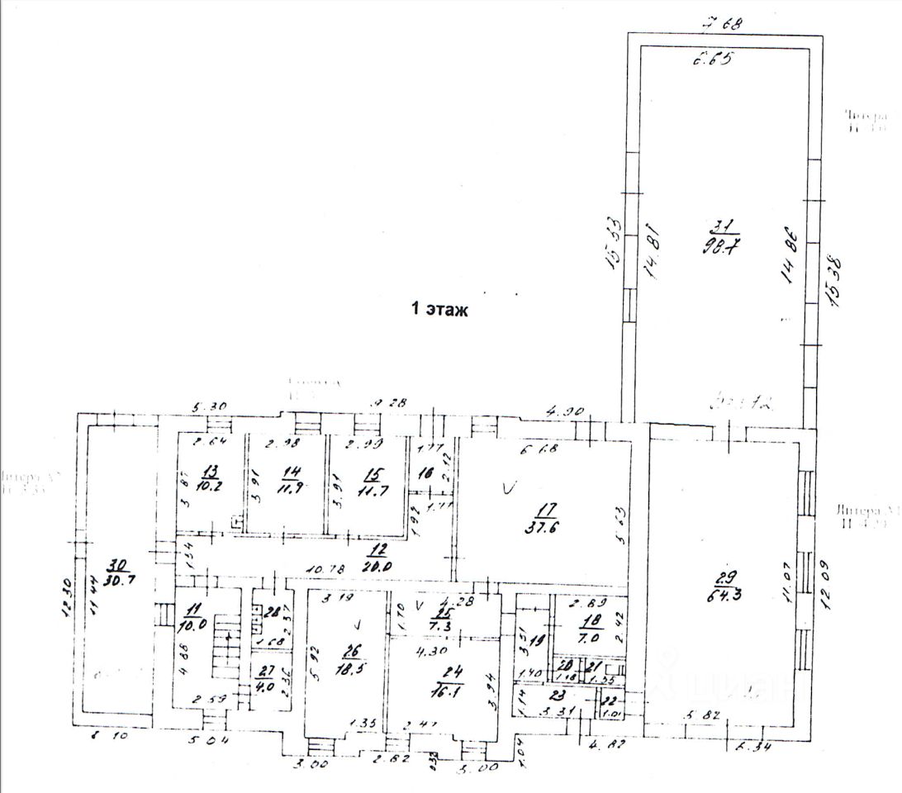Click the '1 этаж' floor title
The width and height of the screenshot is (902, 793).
point(439,311)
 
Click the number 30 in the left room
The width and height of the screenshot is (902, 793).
point(117,565)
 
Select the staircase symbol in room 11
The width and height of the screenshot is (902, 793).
point(225,648)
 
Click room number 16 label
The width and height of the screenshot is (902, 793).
point(425,475)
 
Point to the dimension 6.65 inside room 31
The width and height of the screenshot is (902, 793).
point(713,59)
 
